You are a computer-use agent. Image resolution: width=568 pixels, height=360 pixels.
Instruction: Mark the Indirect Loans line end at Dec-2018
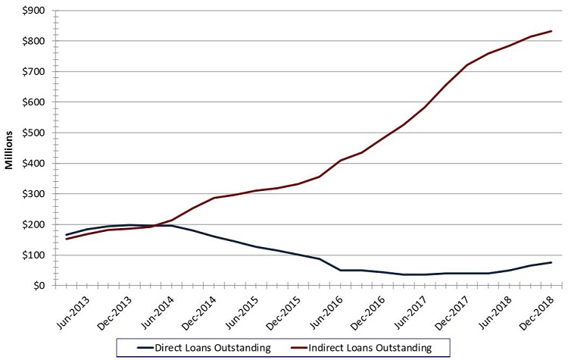pos(551,31)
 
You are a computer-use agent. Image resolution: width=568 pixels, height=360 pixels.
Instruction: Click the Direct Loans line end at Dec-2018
pos(551,262)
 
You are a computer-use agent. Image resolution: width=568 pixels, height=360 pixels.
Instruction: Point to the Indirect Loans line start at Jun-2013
pos(67,239)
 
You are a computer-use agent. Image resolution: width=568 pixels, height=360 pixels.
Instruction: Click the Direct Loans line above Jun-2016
pos(339,270)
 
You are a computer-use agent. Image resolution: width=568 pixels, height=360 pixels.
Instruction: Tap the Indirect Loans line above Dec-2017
pos(467,65)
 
